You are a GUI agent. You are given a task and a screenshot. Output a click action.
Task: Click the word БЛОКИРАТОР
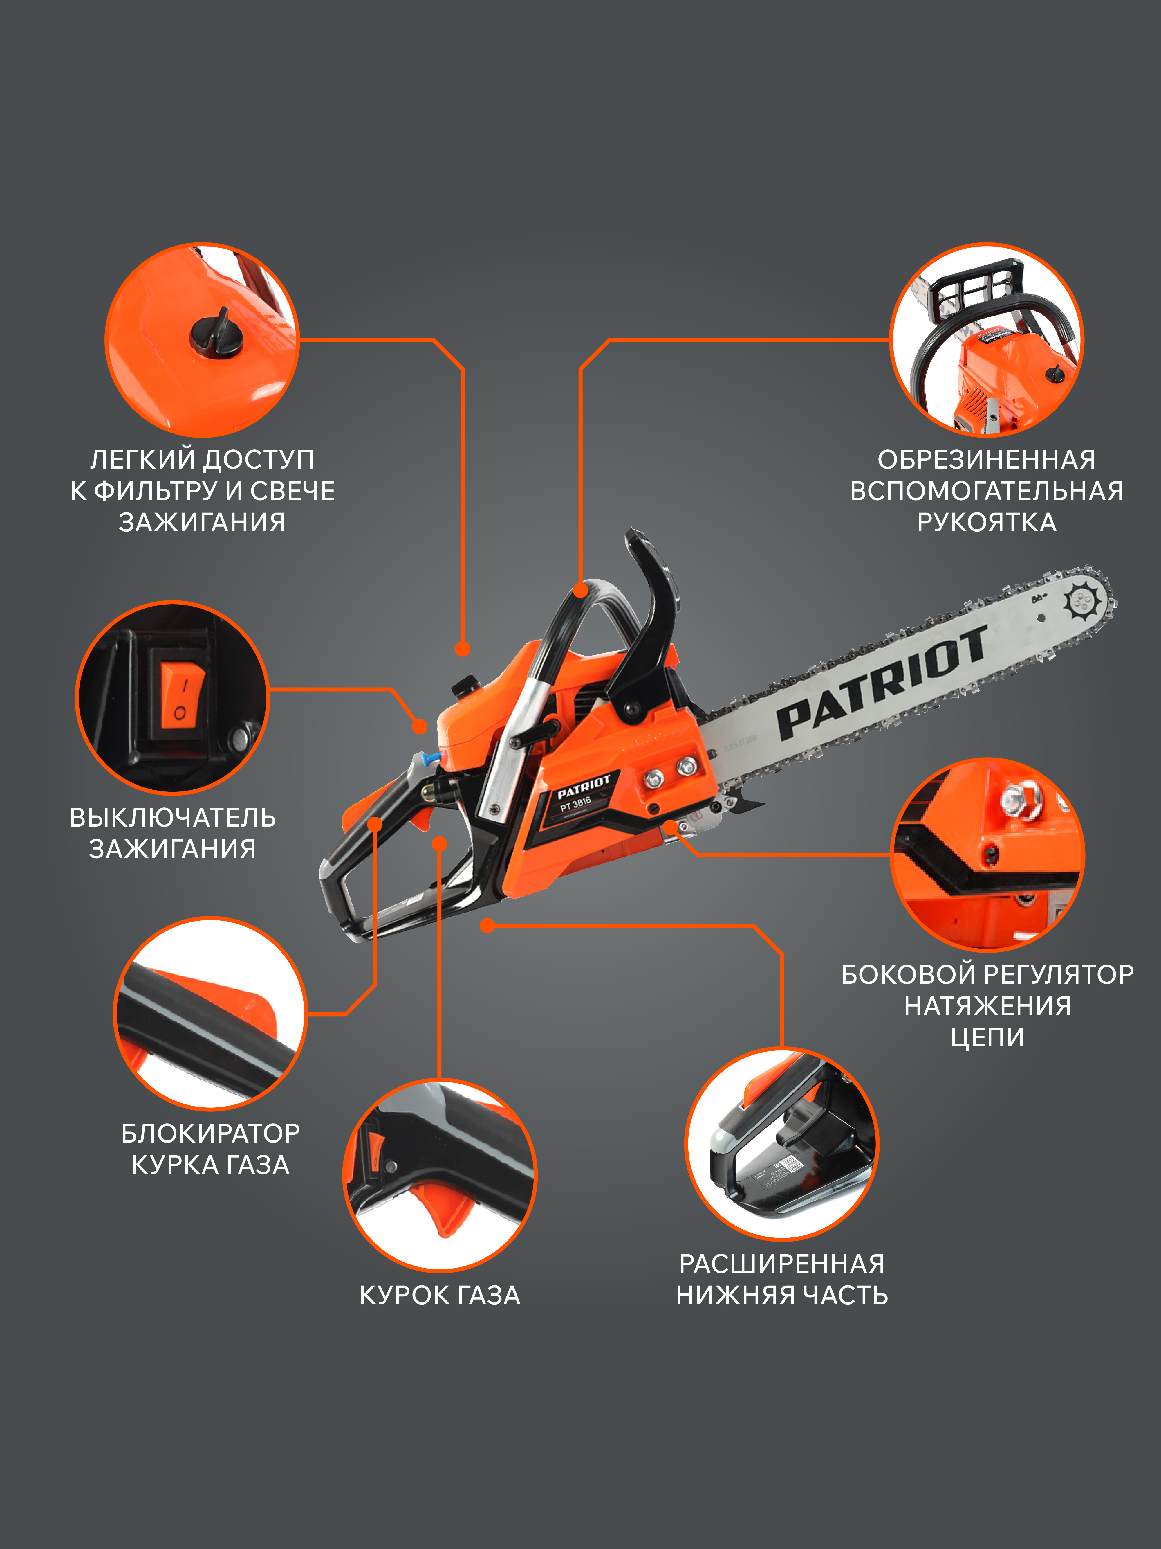pyautogui.click(x=211, y=1133)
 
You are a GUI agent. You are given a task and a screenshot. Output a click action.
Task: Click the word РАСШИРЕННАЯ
pyautogui.click(x=782, y=1264)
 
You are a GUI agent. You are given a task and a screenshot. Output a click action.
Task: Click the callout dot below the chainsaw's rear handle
pyautogui.click(x=488, y=926)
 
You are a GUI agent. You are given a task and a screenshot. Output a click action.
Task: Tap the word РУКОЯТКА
pyautogui.click(x=987, y=522)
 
